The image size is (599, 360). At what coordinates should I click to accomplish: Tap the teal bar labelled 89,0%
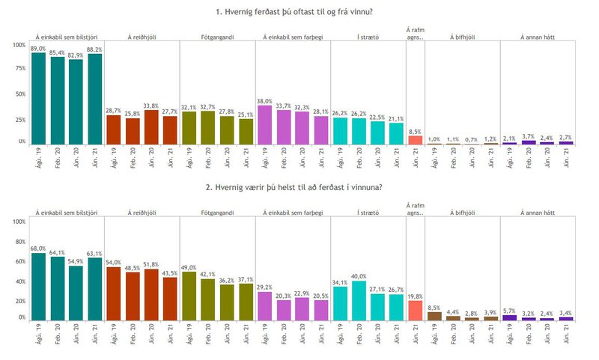tap(39, 98)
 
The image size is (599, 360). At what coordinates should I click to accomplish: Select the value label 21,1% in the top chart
tap(395, 118)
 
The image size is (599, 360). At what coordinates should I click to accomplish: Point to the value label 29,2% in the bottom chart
tap(264, 287)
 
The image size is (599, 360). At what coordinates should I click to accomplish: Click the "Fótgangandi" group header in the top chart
tap(216, 36)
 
